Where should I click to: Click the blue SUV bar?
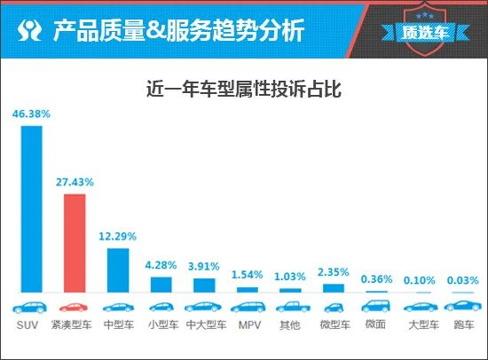coord(31,209)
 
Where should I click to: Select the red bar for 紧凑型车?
coord(75,243)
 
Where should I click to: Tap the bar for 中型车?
coord(118,270)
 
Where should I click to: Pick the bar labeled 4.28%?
coord(161,285)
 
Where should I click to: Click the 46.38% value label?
coord(31,113)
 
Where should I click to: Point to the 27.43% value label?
coord(75,182)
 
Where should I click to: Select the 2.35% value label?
coord(334,272)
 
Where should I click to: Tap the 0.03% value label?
coord(463,280)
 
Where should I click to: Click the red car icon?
coord(74,308)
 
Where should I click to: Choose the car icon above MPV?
coord(248,307)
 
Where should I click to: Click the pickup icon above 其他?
coord(293,307)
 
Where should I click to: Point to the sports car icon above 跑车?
coord(463,306)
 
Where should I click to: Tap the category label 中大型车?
coord(207,325)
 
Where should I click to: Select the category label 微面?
coord(375,325)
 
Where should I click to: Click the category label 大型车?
coord(423,325)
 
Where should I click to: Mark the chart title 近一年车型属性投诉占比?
coord(244,90)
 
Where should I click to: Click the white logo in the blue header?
coord(29,30)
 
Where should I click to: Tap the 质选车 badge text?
coord(425,32)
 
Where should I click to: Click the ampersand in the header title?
coord(156,31)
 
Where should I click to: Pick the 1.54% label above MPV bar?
coord(248,275)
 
